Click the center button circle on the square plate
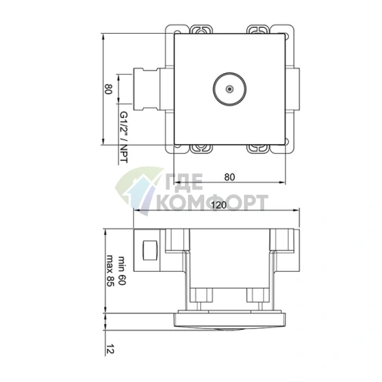pos(228,89)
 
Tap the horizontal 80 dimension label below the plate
pos(229,176)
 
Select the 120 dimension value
pos(219,206)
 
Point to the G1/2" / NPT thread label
pos(123,137)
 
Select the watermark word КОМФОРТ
pos(211,203)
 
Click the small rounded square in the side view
pos(150,250)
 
